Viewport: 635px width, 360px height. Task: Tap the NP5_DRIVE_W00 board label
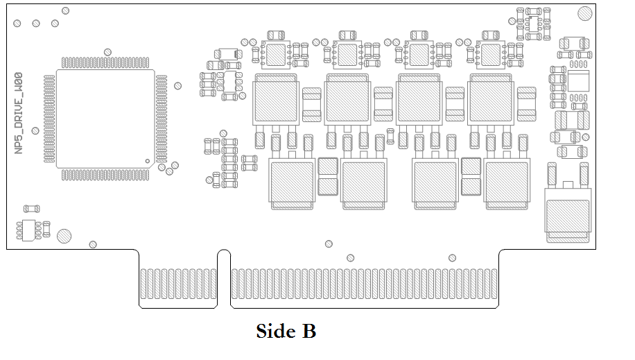pyautogui.click(x=19, y=113)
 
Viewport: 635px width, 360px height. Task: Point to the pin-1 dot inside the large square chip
pyautogui.click(x=147, y=161)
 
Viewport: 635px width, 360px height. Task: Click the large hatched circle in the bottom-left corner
pyautogui.click(x=64, y=236)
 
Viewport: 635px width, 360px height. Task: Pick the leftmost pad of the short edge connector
pyautogui.click(x=143, y=286)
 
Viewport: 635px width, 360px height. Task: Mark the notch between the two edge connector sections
pyautogui.click(x=224, y=277)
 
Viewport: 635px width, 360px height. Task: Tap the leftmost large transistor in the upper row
pyautogui.click(x=276, y=98)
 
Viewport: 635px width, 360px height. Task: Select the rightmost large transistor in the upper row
pyautogui.click(x=491, y=98)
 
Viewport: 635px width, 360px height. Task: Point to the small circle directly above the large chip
pyautogui.click(x=107, y=52)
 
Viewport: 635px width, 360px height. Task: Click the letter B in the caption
pyautogui.click(x=308, y=332)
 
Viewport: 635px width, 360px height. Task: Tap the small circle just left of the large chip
pyautogui.click(x=35, y=130)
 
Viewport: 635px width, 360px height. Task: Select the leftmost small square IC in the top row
pyautogui.click(x=277, y=53)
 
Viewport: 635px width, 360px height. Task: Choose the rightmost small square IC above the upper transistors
pyautogui.click(x=492, y=53)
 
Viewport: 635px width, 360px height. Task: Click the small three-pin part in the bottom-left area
pyautogui.click(x=28, y=230)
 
